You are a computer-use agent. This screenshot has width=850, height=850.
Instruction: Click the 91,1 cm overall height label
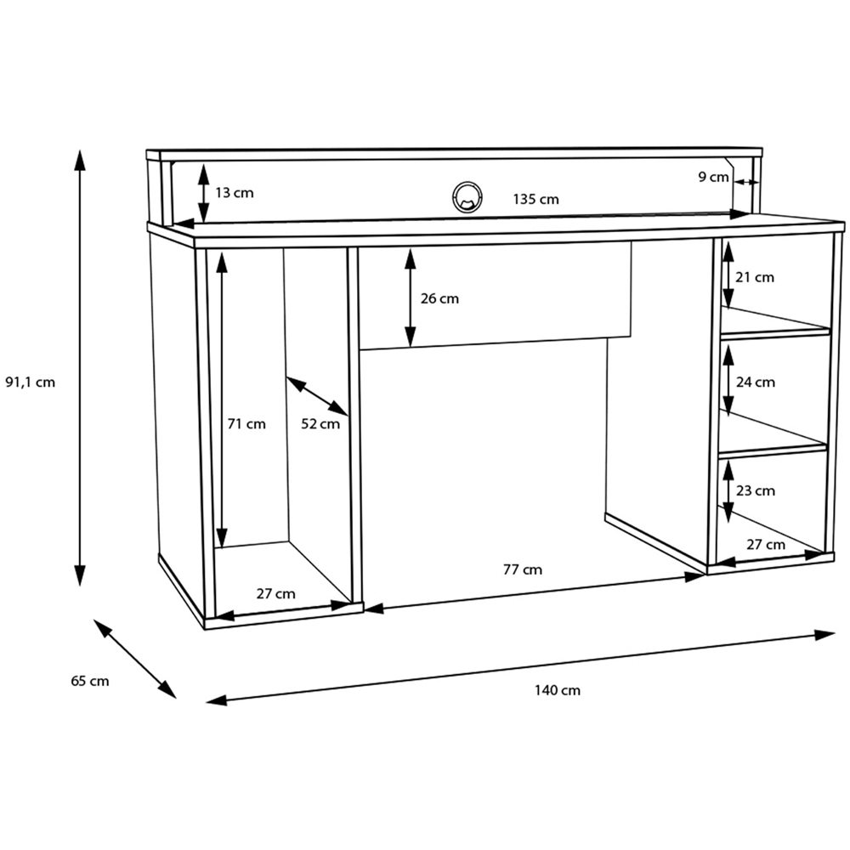31,382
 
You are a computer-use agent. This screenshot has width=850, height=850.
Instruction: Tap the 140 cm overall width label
558,690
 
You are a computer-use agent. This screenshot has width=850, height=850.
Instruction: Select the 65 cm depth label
89,680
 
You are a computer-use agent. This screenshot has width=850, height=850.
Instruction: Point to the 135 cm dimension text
535,200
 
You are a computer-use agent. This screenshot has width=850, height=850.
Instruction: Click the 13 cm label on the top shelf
234,193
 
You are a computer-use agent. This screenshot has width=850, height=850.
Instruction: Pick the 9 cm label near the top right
713,177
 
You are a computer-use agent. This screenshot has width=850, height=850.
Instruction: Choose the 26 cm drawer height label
439,298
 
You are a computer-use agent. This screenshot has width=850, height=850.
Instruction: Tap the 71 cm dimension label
246,424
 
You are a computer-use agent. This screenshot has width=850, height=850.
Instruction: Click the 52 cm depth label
320,424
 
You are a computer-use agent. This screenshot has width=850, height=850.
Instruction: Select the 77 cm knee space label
522,569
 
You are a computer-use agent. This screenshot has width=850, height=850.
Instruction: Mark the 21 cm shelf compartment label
755,276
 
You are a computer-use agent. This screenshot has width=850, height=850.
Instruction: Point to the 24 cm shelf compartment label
756,382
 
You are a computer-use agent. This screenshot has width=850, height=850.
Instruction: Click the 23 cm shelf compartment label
755,490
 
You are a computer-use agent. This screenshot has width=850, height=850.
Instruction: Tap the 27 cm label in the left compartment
275,593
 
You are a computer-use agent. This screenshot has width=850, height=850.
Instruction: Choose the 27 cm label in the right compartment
765,544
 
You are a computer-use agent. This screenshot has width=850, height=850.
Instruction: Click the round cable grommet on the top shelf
466,196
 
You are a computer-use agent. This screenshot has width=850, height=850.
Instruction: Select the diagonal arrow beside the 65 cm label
134,659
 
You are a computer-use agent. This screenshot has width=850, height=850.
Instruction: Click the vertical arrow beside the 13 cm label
204,193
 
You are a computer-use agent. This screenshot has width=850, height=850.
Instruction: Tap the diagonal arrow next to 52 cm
317,397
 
